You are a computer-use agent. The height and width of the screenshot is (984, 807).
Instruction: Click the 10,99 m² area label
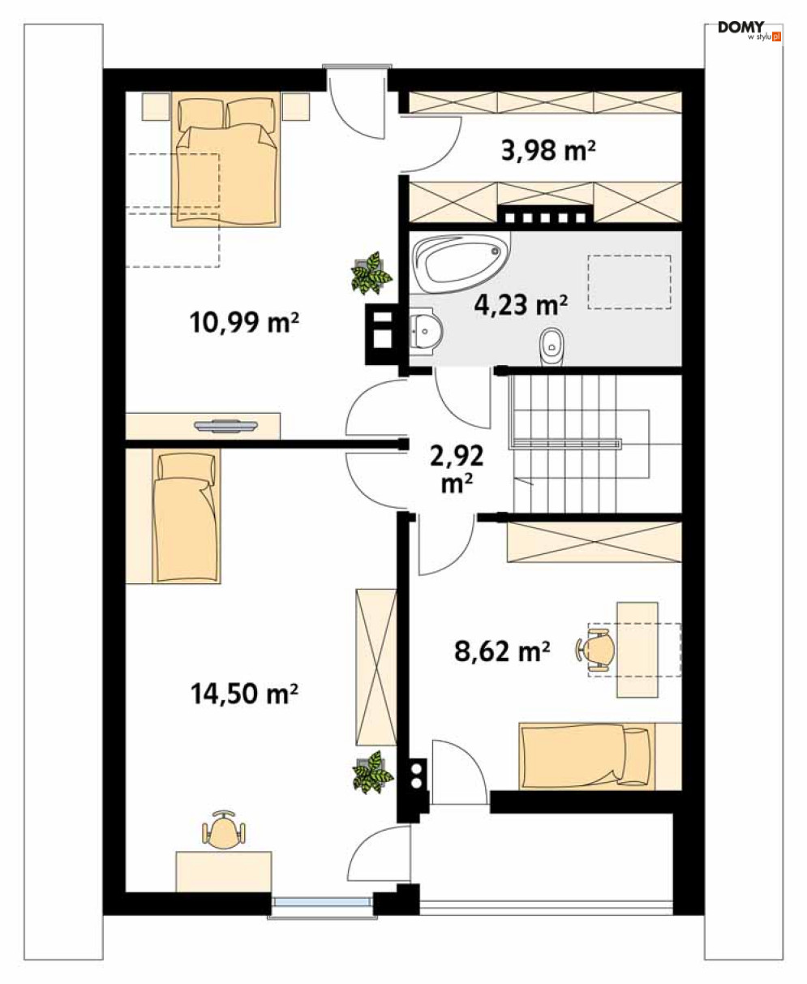[x=244, y=322]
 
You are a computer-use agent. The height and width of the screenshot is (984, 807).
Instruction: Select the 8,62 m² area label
[x=502, y=651]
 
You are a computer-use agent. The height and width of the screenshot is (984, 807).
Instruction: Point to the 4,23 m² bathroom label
[x=521, y=305]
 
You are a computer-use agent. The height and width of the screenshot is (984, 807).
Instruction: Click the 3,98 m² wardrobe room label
[x=548, y=150]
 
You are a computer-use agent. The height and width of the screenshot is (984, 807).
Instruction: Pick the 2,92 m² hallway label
[x=457, y=470]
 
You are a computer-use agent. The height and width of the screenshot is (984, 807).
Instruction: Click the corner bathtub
[x=460, y=262]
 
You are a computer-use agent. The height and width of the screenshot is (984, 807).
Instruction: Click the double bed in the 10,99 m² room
[x=225, y=159]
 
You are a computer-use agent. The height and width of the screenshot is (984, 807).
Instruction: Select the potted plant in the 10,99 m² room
[x=371, y=273]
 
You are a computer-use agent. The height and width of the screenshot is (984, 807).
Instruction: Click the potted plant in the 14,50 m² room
[x=372, y=774]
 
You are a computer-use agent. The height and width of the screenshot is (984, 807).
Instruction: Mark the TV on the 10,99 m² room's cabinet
[x=225, y=426]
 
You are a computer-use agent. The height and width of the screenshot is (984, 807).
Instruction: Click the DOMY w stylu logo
[x=749, y=30]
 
